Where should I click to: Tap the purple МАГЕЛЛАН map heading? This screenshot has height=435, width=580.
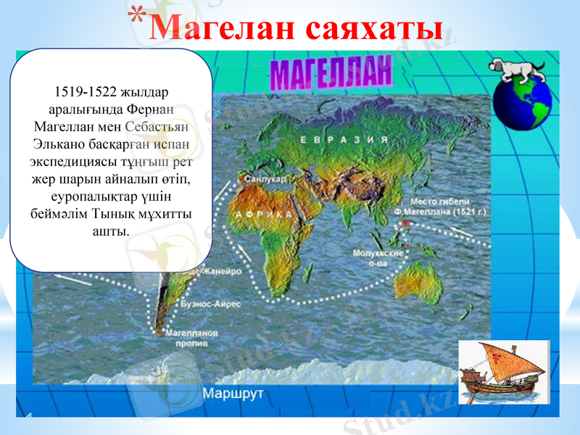tap(331, 73)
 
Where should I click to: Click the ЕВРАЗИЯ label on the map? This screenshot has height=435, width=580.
tap(333, 139)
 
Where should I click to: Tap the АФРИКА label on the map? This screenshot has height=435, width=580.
tap(262, 215)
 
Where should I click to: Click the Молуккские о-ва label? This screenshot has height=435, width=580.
tap(378, 259)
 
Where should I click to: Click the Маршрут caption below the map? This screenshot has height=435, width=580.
tap(232, 394)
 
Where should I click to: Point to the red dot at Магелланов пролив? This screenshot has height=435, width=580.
tap(159, 332)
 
